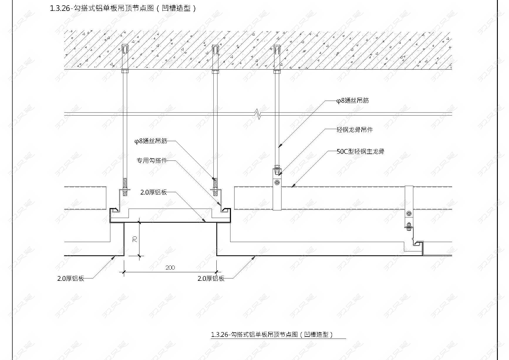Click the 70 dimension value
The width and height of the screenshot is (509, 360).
click(135, 239)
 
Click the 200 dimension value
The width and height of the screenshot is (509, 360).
click(170, 268)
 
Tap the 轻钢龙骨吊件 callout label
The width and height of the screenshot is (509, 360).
click(355, 130)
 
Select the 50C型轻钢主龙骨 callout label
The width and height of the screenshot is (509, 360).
click(360, 151)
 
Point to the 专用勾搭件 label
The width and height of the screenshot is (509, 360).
click(152, 160)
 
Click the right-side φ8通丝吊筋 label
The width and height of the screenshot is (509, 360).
click(353, 100)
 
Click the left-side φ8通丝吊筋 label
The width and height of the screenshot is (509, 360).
click(151, 141)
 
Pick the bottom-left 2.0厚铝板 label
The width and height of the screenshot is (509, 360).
click(71, 278)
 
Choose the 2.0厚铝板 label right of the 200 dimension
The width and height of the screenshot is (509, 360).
click(211, 278)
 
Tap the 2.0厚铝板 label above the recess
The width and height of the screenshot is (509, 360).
click(154, 192)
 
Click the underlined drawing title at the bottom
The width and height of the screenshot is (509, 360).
click(272, 334)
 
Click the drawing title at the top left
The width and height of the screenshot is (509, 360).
click(123, 8)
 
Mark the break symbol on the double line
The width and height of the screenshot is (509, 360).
click(257, 114)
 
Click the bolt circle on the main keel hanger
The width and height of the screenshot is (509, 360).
click(277, 183)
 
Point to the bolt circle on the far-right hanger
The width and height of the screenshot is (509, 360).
click(408, 213)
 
